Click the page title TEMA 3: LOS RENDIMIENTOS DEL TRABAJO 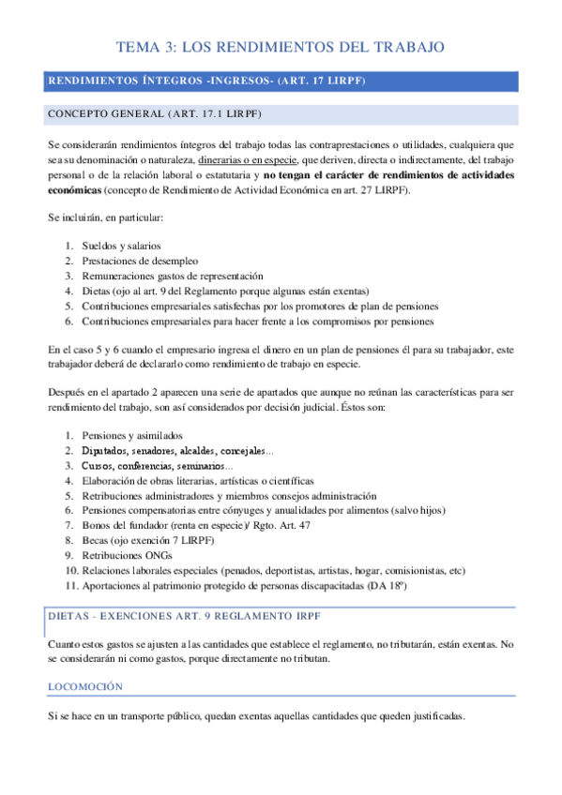[x=280, y=46]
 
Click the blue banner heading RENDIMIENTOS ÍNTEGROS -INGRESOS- [x=206, y=82]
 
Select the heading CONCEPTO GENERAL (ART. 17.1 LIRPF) [x=154, y=114]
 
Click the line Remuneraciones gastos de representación [x=173, y=276]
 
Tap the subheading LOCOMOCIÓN [x=85, y=687]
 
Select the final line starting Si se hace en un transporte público [x=255, y=716]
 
